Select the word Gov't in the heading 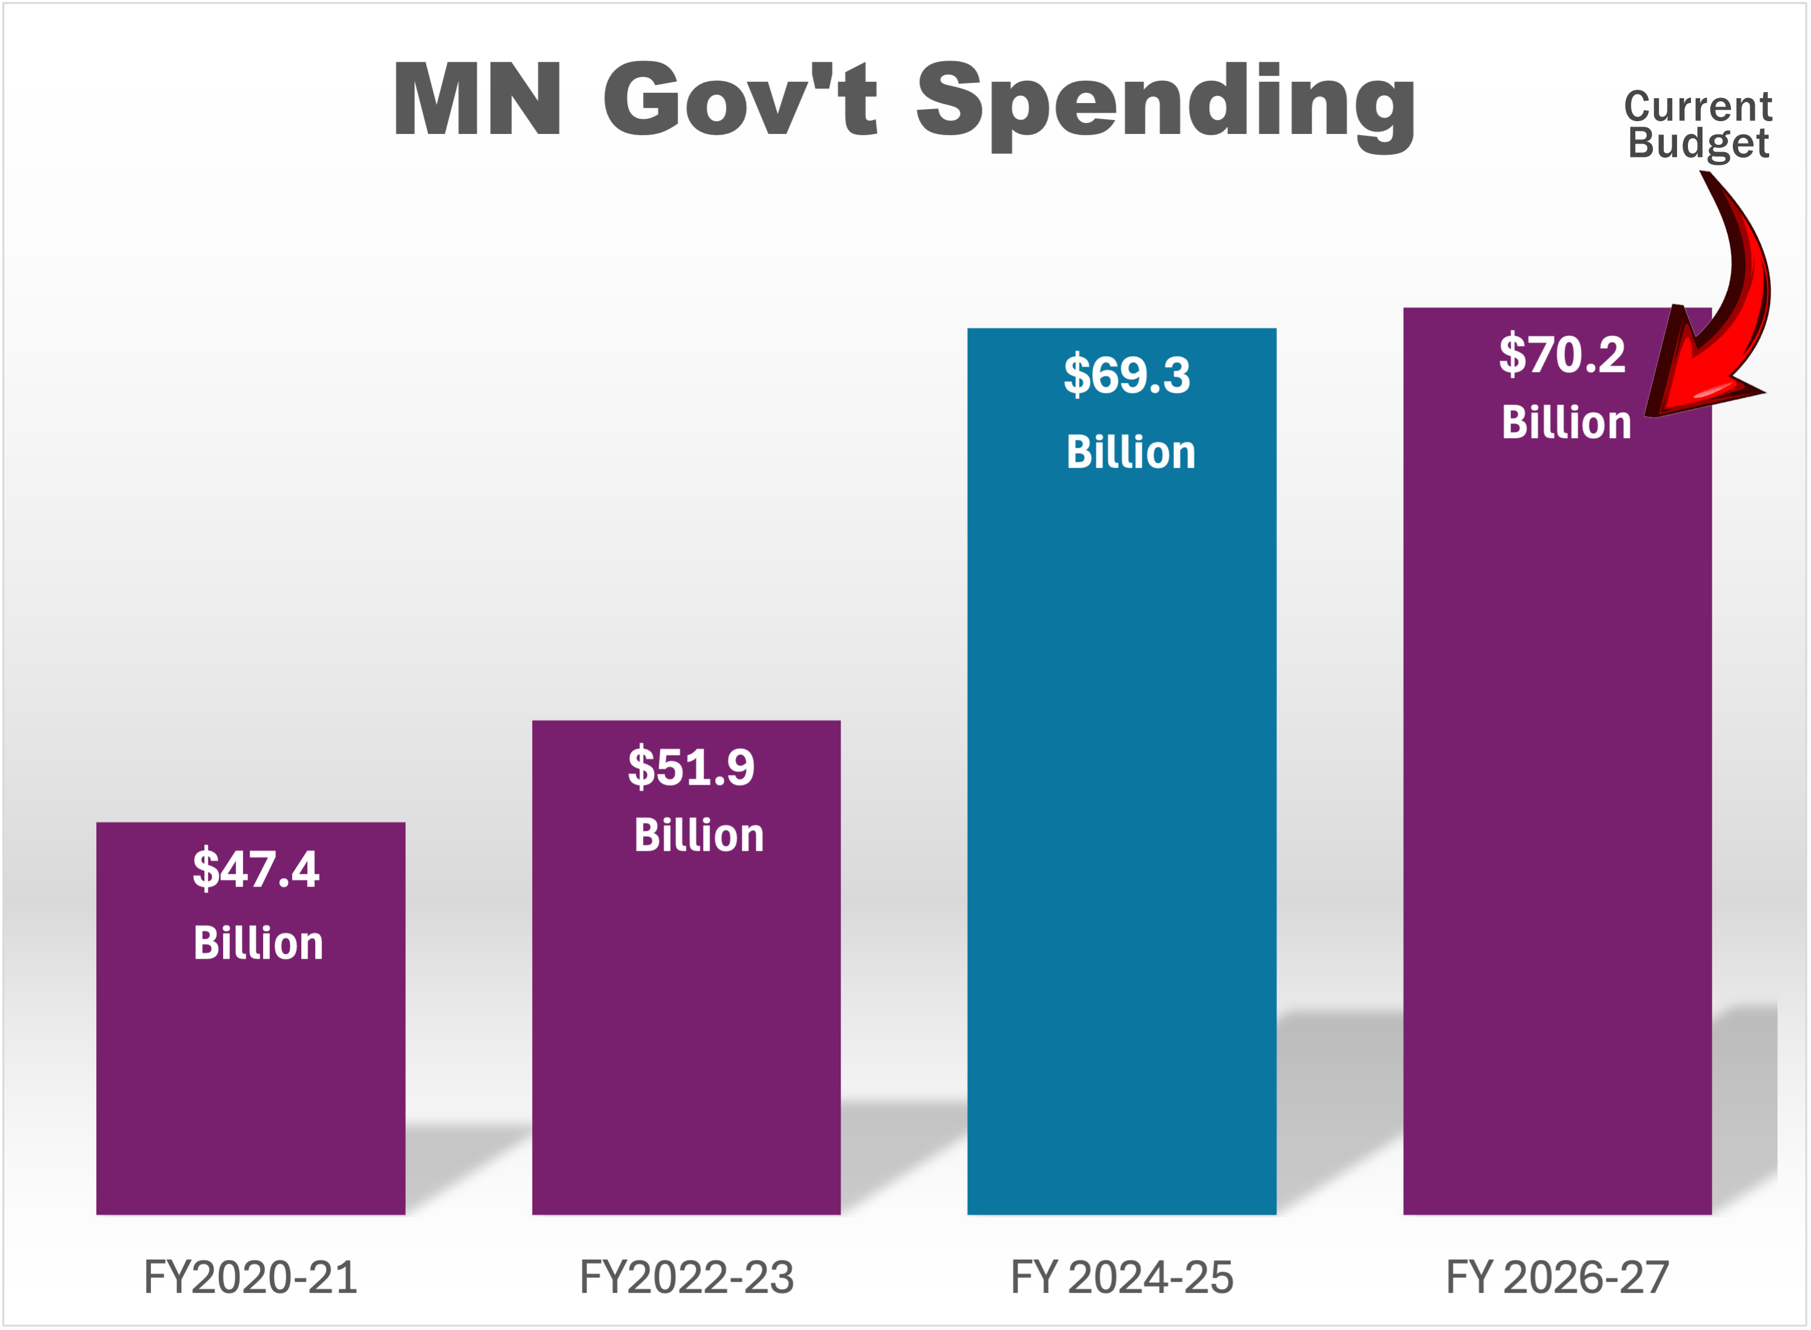tap(740, 98)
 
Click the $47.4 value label tap(255, 869)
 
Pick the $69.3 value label tap(1127, 375)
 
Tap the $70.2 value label tap(1561, 355)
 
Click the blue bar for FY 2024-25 tap(1122, 805)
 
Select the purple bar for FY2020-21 tap(250, 1087)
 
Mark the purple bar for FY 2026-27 tap(1556, 805)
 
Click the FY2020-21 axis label tap(250, 1278)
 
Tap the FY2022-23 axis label tap(686, 1278)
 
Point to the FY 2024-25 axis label tap(1122, 1278)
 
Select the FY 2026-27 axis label tap(1556, 1278)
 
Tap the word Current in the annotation tap(1698, 107)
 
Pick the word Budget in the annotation tap(1698, 144)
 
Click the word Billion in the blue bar tap(1130, 453)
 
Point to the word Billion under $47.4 tap(258, 943)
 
